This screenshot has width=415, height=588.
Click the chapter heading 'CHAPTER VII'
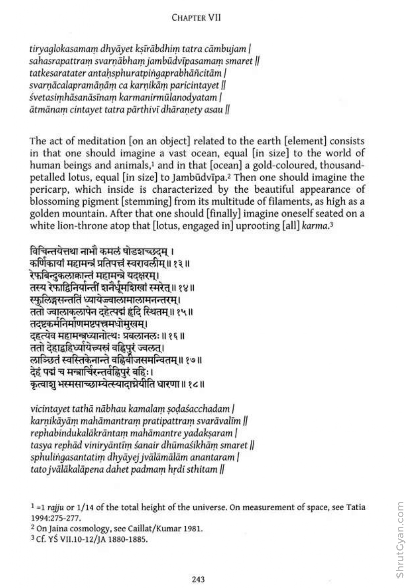(x=196, y=18)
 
